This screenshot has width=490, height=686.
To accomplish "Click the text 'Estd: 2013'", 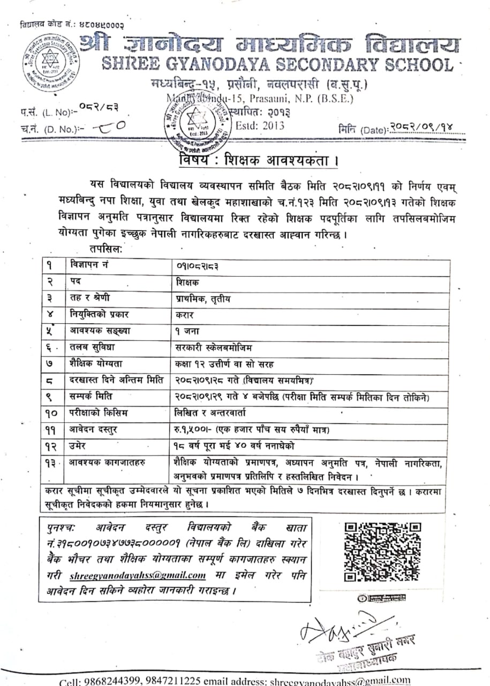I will coord(260,126).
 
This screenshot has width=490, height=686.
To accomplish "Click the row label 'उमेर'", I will coord(79,445).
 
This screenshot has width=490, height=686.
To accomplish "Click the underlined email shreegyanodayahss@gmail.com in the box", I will coord(138,576).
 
